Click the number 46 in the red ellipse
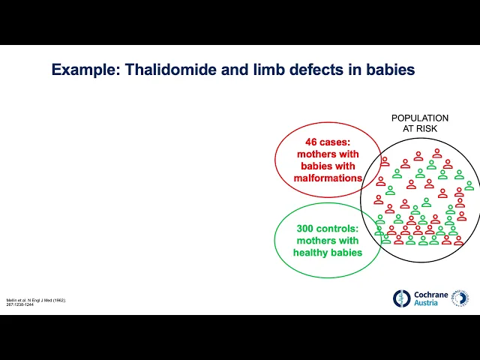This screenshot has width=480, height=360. click(x=312, y=141)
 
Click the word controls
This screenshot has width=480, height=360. click(x=338, y=229)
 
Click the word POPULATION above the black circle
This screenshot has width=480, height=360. click(x=420, y=118)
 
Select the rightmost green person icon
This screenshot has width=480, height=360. click(x=469, y=185)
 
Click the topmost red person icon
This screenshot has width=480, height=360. click(x=436, y=153)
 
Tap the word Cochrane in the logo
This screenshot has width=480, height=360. click(x=431, y=295)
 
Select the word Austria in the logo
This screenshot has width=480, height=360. click(x=427, y=304)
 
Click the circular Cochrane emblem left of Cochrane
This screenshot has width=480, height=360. click(x=403, y=298)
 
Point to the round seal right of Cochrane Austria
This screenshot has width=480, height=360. click(x=461, y=298)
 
